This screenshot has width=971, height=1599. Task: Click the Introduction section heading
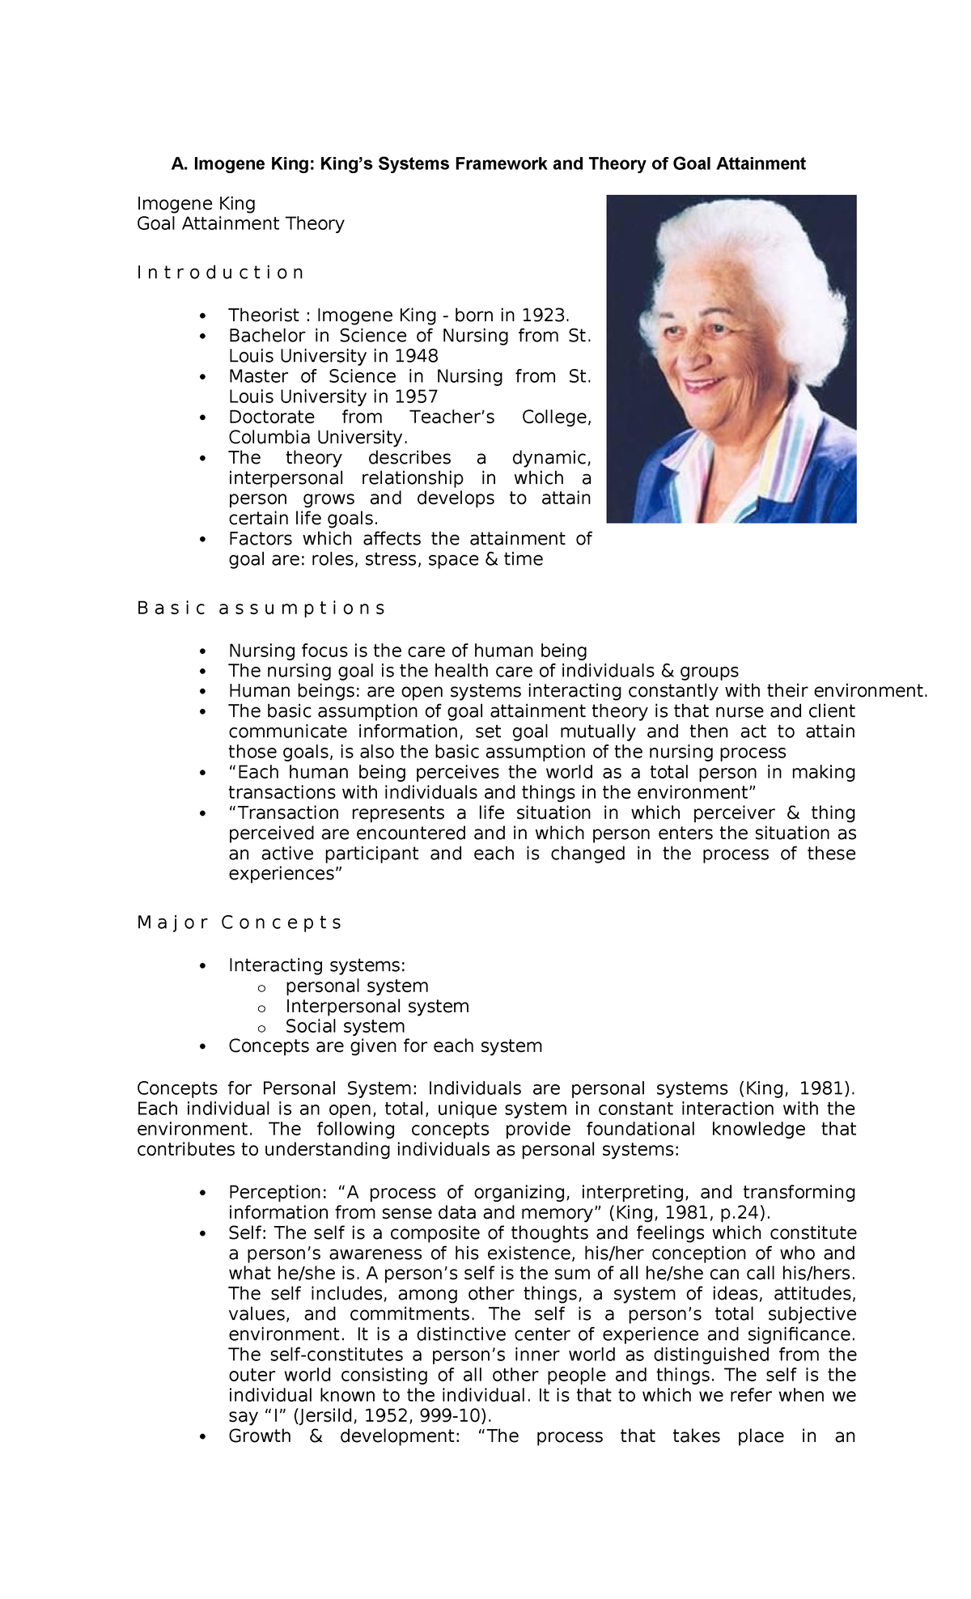[220, 273]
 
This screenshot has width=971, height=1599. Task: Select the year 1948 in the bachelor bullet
[417, 356]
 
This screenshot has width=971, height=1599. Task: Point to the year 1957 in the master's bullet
[416, 397]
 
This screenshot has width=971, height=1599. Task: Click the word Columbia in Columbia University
[266, 438]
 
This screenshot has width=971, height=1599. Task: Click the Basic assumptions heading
[261, 608]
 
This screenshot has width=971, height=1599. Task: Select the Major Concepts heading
[240, 922]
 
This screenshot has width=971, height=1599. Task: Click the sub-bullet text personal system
[357, 986]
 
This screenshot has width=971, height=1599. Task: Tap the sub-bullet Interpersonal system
[377, 1006]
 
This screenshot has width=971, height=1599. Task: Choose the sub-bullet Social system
[345, 1026]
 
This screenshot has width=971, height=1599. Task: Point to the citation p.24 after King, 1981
[740, 1212]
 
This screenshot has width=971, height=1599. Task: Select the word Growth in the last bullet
[260, 1436]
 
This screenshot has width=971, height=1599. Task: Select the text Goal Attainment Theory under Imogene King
[240, 223]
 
